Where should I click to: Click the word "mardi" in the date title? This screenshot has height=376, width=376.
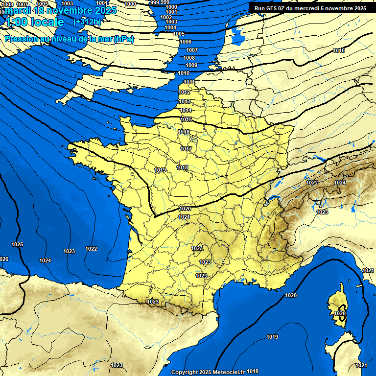(18, 10)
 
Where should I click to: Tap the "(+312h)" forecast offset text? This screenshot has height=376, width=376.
(88, 22)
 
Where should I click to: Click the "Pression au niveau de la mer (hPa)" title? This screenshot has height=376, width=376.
(69, 39)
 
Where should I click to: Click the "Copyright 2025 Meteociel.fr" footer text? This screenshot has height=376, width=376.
(208, 372)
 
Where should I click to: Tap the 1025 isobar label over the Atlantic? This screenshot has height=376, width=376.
(17, 244)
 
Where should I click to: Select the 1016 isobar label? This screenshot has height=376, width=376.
(184, 132)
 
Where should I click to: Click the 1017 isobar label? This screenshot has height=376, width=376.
(186, 149)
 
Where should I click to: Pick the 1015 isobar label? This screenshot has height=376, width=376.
(186, 119)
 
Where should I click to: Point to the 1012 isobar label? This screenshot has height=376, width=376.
(184, 92)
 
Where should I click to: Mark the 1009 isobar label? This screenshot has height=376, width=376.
(191, 65)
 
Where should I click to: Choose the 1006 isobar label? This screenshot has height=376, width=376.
(186, 42)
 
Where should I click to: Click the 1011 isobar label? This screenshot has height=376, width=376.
(189, 82)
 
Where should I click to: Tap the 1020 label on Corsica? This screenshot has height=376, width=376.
(340, 313)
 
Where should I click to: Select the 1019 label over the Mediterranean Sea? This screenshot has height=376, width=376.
(272, 337)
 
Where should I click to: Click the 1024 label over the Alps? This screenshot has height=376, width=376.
(340, 183)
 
